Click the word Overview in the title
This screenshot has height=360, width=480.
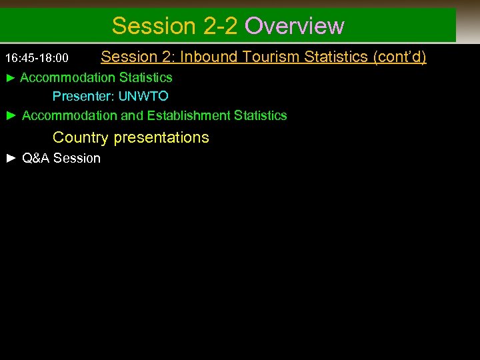point(295,26)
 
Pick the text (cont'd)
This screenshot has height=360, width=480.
point(400,57)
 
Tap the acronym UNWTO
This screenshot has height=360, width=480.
point(143,97)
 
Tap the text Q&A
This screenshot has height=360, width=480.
point(36,159)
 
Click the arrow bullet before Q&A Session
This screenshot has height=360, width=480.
point(10,159)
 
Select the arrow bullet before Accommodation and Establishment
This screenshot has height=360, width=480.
point(10,116)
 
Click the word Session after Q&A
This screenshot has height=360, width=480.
point(77,159)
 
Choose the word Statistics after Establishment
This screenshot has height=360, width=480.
point(261,116)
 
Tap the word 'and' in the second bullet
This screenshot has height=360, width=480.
point(131,116)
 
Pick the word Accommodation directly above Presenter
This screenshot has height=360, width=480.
point(68,78)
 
